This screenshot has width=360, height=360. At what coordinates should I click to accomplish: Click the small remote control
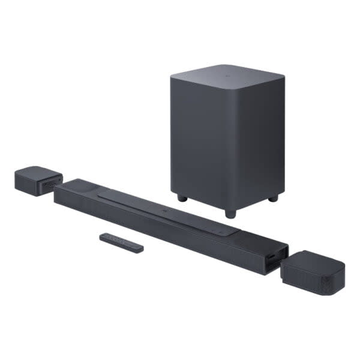coord(122,243)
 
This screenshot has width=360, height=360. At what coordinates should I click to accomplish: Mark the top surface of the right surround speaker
coord(315,258)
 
